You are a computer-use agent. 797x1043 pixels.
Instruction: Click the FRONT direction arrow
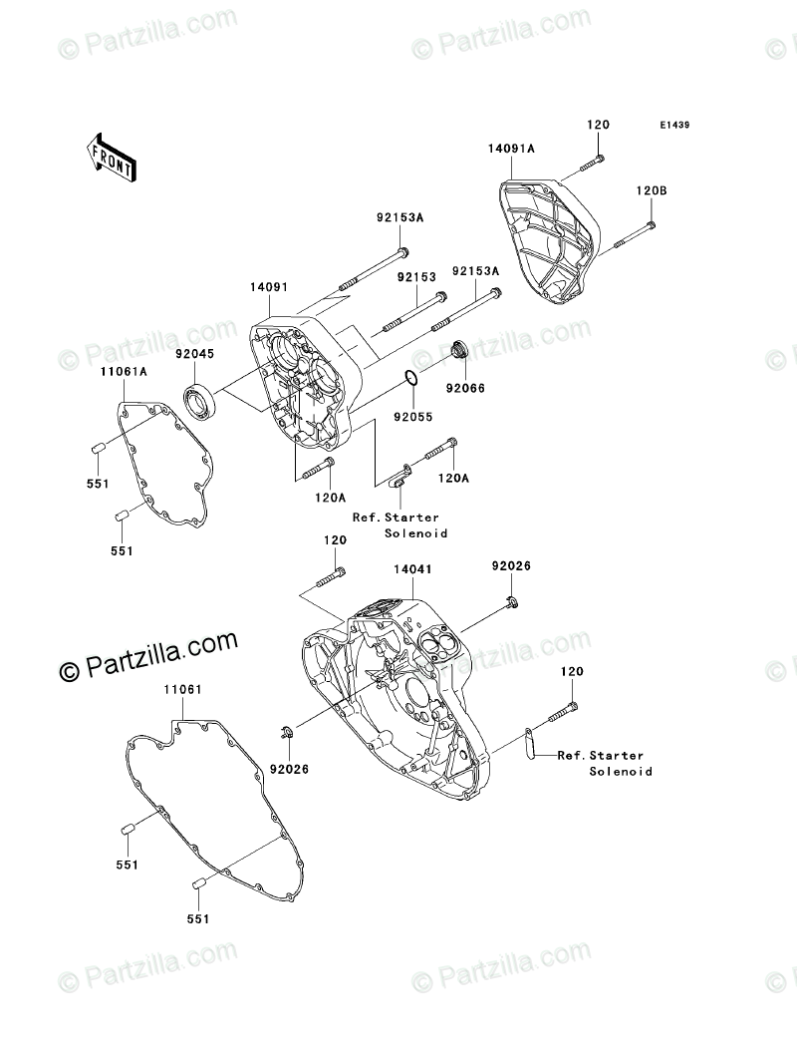pyautogui.click(x=113, y=157)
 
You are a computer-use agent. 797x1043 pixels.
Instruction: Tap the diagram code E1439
pyautogui.click(x=674, y=125)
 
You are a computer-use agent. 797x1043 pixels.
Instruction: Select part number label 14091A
pyautogui.click(x=511, y=149)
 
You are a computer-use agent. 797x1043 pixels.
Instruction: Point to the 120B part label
pyautogui.click(x=652, y=190)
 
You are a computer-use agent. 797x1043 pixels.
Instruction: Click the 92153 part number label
pyautogui.click(x=416, y=277)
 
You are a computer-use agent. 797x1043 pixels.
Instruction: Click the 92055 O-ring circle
pyautogui.click(x=411, y=380)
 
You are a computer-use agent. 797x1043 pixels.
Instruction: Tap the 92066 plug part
pyautogui.click(x=457, y=350)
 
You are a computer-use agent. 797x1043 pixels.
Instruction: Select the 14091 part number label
pyautogui.click(x=269, y=287)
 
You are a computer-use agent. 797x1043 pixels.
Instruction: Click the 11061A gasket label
pyautogui.click(x=124, y=373)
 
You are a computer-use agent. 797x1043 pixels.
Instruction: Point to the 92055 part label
pyautogui.click(x=412, y=417)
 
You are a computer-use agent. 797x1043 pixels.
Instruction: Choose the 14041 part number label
pyautogui.click(x=412, y=569)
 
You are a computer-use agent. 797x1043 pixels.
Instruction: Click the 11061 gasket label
pyautogui.click(x=182, y=690)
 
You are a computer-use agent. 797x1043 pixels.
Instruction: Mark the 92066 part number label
pyautogui.click(x=465, y=389)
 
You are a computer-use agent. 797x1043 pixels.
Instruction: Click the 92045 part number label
pyautogui.click(x=194, y=354)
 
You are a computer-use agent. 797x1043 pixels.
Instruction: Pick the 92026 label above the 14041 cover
pyautogui.click(x=511, y=566)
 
